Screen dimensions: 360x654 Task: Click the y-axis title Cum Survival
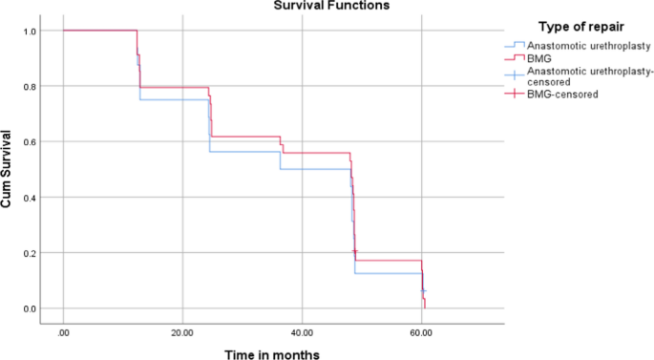coord(8,170)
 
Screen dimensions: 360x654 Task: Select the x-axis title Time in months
coord(272,353)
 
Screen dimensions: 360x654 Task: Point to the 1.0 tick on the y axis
coord(30,32)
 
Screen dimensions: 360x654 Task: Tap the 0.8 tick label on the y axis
coord(30,87)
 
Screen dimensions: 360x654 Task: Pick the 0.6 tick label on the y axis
coord(30,142)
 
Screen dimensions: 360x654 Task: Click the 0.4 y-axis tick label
coord(30,198)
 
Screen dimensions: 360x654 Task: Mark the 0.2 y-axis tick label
coord(30,253)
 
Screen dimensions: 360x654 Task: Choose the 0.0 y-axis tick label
coord(30,308)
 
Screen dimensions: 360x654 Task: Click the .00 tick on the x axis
coord(64,332)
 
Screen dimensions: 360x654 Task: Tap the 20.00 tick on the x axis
coord(182,332)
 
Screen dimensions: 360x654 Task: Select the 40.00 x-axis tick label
coord(301,332)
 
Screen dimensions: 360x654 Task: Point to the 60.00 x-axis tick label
coord(420,332)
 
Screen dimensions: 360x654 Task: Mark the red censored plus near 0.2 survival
coord(354,251)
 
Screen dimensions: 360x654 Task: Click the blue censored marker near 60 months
coord(423,290)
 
